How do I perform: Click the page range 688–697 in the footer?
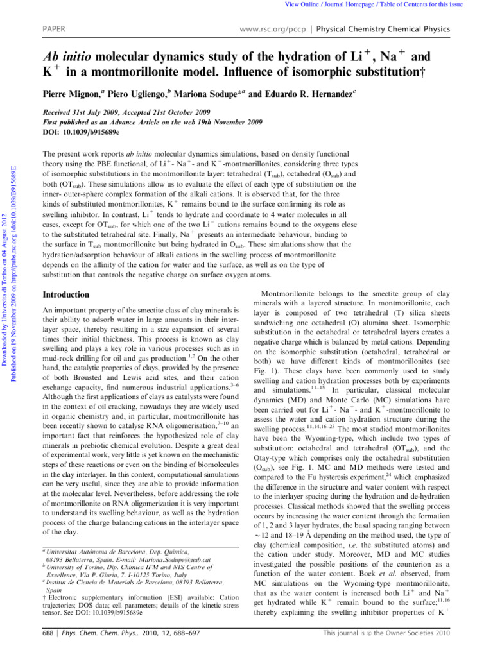pyautogui.click(x=168, y=645)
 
